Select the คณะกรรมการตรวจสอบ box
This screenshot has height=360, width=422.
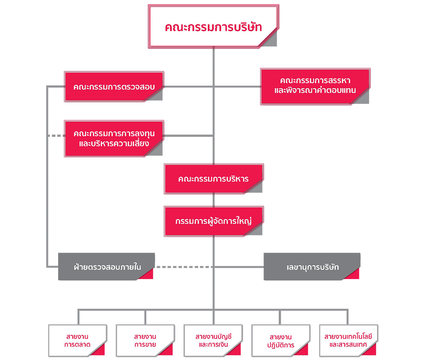(x=114, y=87)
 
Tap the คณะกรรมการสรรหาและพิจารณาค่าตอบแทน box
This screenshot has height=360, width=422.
(x=315, y=86)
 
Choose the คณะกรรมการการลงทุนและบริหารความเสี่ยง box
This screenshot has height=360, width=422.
(x=114, y=139)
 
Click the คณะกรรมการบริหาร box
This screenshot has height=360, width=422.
(x=213, y=179)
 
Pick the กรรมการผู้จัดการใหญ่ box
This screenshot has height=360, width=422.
(x=213, y=221)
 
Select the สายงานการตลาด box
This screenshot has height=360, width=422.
(x=77, y=340)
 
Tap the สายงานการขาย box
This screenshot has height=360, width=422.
(x=145, y=340)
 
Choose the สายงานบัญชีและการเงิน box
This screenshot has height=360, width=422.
(x=213, y=340)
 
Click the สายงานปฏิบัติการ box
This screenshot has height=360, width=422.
(x=281, y=340)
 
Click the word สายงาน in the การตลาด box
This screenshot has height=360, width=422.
(x=77, y=336)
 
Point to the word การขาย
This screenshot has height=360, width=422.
(x=145, y=345)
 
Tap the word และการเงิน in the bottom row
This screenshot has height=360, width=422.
(x=213, y=345)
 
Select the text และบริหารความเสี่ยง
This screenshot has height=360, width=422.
(x=114, y=143)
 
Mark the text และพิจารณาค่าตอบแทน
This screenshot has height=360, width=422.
(x=315, y=91)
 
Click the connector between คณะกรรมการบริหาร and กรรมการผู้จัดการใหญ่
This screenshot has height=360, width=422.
(x=213, y=200)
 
